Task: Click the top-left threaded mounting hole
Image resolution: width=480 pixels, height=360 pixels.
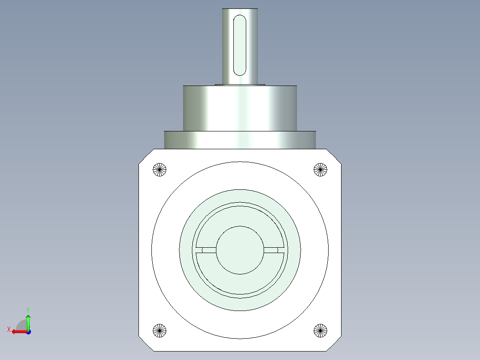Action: click(x=159, y=169)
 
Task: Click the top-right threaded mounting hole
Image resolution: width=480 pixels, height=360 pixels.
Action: click(x=320, y=169)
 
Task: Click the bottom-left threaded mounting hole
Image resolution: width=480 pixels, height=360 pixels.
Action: click(x=159, y=330)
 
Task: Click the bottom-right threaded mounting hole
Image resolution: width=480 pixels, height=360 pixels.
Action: click(x=320, y=330)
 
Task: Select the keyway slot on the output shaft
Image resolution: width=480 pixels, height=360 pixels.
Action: click(x=240, y=45)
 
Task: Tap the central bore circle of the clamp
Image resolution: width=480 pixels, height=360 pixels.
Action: click(x=240, y=250)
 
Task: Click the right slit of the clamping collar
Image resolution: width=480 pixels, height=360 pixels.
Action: click(x=273, y=250)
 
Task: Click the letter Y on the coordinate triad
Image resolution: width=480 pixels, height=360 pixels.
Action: click(x=28, y=309)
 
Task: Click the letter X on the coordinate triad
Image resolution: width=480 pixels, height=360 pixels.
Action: click(x=8, y=329)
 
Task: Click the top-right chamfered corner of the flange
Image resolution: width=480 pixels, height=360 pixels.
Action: click(x=334, y=156)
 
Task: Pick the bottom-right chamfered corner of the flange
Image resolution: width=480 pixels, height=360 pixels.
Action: click(x=334, y=344)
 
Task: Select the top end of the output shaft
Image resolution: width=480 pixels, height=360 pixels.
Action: click(x=240, y=9)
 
